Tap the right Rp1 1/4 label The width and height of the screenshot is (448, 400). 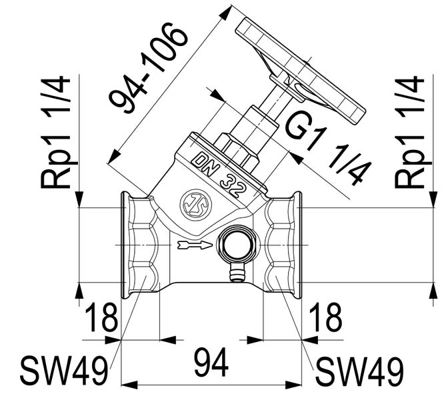(x=410, y=133)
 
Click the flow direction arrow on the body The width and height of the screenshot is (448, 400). (x=195, y=245)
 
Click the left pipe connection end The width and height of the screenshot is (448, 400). (x=125, y=245)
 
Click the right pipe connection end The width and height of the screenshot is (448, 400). (x=297, y=245)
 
